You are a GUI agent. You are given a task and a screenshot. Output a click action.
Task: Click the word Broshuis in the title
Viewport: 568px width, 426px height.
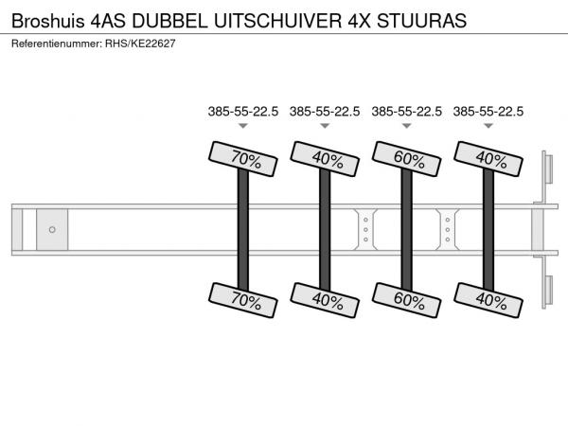[x=48, y=21]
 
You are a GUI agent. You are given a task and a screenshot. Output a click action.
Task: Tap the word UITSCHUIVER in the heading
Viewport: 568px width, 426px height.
[x=277, y=21]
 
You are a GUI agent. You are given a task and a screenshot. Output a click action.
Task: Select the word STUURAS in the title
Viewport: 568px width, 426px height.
[x=421, y=21]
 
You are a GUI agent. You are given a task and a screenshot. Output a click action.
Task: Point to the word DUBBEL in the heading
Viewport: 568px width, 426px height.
[x=169, y=21]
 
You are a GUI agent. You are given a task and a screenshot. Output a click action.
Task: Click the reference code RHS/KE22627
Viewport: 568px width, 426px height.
[x=140, y=44]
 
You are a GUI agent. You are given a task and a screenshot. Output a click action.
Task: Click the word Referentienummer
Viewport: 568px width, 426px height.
[x=57, y=44]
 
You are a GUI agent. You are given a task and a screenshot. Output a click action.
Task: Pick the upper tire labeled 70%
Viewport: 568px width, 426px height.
[x=243, y=159]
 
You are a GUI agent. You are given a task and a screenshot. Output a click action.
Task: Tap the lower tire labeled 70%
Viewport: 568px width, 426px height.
[x=243, y=300]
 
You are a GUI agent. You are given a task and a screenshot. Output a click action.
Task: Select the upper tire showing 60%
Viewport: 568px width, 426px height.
[x=406, y=159]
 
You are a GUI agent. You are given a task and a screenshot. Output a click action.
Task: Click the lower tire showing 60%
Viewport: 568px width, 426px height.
[x=406, y=300]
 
